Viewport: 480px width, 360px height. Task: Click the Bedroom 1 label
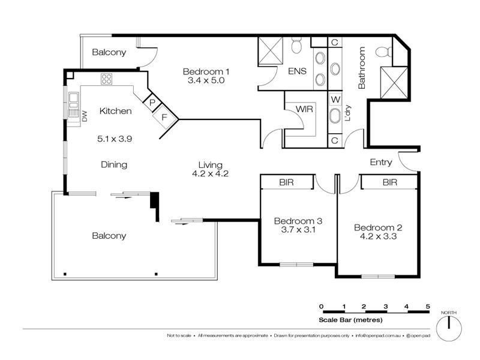click(x=206, y=71)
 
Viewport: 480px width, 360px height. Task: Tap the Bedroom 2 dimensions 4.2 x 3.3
click(x=377, y=236)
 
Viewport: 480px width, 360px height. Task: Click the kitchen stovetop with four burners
click(x=107, y=79)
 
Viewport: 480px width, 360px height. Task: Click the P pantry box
click(x=152, y=103)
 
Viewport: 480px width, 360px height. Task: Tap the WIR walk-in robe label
click(x=304, y=109)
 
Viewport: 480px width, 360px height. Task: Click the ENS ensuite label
click(x=297, y=71)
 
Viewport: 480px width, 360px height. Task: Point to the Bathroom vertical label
click(x=362, y=68)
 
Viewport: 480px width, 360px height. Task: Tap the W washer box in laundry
click(x=335, y=98)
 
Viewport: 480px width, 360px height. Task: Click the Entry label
click(x=381, y=162)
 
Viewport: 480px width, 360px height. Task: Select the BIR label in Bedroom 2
click(x=390, y=182)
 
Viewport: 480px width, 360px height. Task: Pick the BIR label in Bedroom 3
click(x=286, y=182)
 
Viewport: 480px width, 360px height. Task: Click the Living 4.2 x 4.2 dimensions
click(x=210, y=174)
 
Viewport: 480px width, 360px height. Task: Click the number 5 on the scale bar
click(x=428, y=307)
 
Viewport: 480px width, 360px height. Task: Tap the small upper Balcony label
click(x=109, y=52)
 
